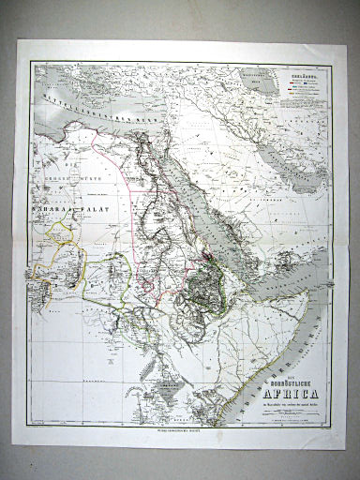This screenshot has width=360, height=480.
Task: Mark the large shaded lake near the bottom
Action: pos(165,381)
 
